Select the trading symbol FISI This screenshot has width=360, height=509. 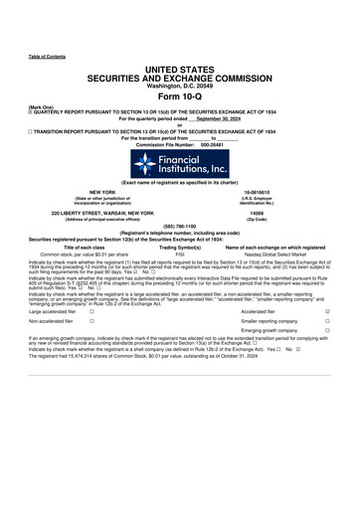point(180,254)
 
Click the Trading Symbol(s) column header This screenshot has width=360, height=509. point(180,247)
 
